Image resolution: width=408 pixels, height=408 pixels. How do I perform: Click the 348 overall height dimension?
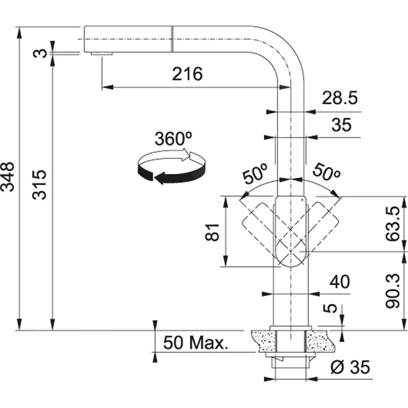point(9,176)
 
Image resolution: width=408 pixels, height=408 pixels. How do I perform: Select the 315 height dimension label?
point(41,184)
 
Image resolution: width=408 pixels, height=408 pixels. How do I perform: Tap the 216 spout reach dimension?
point(187,74)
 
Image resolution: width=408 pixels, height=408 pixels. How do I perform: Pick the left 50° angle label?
point(255,175)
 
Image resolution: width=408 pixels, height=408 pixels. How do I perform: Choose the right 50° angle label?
point(325,174)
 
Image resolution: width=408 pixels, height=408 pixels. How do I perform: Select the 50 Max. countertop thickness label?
point(195,342)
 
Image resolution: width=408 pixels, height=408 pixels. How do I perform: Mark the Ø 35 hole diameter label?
point(350,367)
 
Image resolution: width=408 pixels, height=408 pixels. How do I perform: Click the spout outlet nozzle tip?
point(101,54)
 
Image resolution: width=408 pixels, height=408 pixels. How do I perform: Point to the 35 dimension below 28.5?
point(342,125)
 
